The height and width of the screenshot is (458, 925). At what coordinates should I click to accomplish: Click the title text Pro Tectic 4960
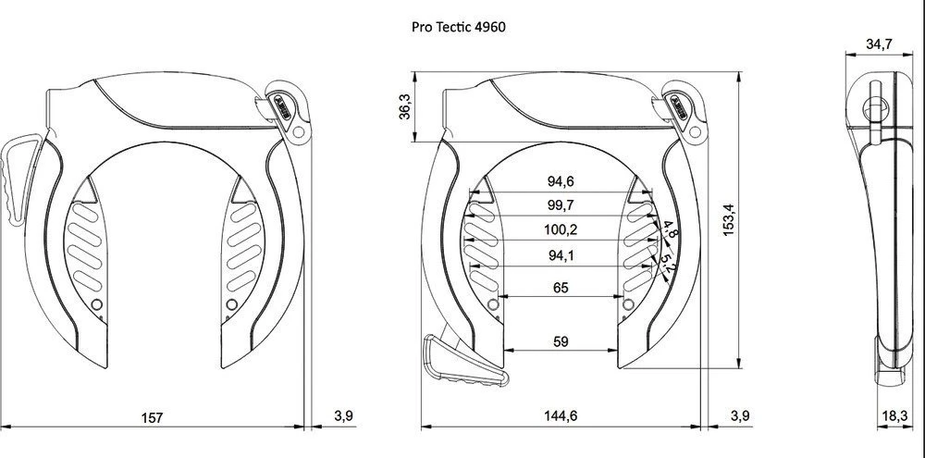coord(458,27)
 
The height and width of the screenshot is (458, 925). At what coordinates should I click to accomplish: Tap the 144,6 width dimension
coord(561,416)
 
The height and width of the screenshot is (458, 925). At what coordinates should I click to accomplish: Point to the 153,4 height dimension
coord(728,221)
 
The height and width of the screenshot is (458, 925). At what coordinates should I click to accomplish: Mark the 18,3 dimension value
coord(894,416)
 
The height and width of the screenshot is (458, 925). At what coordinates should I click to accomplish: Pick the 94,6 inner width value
coord(561,180)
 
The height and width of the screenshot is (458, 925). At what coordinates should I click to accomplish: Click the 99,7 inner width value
coord(561,204)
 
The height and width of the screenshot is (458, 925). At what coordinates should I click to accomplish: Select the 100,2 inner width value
coord(561,228)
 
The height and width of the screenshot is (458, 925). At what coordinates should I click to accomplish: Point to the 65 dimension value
coord(561,288)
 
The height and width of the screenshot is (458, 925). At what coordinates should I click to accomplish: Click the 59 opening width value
coord(561,341)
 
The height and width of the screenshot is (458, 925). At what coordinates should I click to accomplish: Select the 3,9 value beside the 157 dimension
coord(343,416)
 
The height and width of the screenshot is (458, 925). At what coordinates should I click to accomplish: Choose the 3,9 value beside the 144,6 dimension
coord(740,416)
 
